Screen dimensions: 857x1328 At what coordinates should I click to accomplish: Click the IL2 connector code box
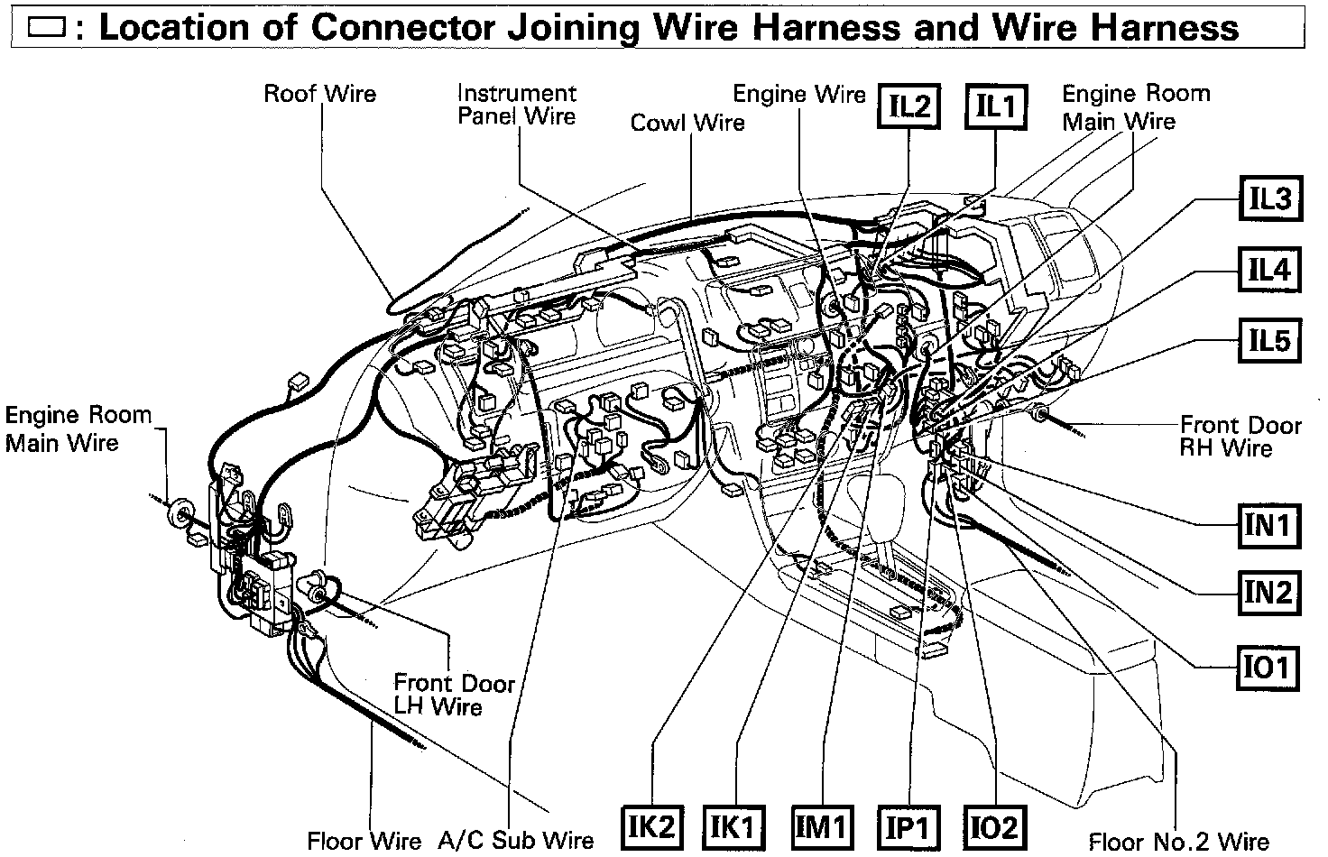908,107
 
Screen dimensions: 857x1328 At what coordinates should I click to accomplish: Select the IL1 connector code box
995,107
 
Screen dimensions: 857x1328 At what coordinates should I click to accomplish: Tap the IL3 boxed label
1269,198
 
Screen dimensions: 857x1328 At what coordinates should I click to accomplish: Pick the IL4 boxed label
1269,270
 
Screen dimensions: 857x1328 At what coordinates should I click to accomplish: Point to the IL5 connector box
1269,341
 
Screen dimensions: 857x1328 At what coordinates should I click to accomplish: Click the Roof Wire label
319,94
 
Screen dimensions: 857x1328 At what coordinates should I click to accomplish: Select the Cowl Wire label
687,123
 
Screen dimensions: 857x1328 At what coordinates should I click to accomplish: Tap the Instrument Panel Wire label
516,105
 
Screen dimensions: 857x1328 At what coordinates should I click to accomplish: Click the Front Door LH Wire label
453,695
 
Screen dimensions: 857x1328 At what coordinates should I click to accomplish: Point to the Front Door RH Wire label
1240,437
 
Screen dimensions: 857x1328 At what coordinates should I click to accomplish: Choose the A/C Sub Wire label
516,841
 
